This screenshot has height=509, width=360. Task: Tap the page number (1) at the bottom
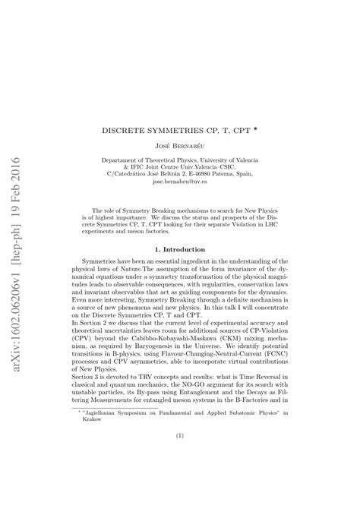tap(180, 459)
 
